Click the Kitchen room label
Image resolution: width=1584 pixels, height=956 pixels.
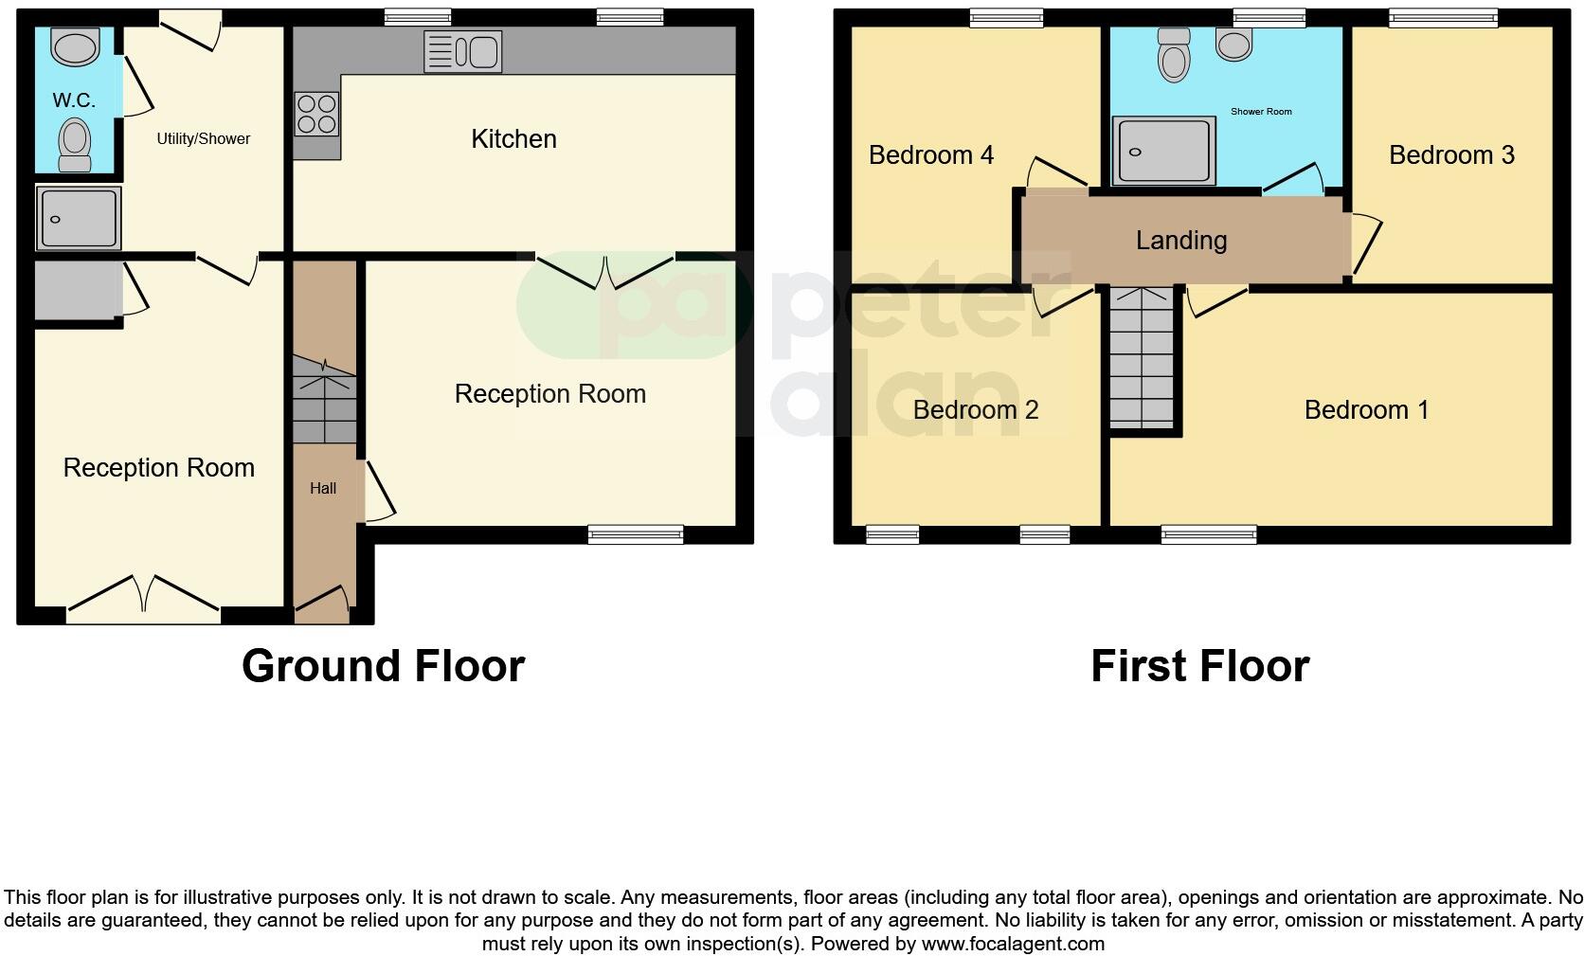click(x=513, y=139)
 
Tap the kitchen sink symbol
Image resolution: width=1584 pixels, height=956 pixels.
click(x=462, y=51)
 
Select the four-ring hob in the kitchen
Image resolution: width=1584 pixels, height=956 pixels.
click(x=316, y=113)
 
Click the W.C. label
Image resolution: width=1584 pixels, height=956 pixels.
click(x=74, y=100)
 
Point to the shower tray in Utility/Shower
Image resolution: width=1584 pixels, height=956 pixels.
click(x=79, y=218)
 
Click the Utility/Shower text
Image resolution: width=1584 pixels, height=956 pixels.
click(x=203, y=139)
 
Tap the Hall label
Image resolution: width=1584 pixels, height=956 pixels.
click(x=323, y=489)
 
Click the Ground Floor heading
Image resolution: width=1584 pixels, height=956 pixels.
click(x=383, y=666)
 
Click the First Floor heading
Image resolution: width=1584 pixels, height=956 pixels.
click(x=1199, y=666)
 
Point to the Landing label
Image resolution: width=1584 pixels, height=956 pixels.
click(x=1181, y=241)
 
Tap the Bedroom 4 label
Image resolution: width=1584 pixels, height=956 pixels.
click(x=931, y=155)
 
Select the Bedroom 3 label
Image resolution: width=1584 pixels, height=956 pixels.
click(x=1451, y=155)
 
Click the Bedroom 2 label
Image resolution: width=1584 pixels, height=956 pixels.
click(x=976, y=410)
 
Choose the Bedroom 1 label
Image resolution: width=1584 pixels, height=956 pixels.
click(x=1366, y=410)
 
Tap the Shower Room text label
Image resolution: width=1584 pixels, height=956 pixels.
click(x=1261, y=112)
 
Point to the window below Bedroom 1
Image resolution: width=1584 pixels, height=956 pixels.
click(x=1209, y=535)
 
